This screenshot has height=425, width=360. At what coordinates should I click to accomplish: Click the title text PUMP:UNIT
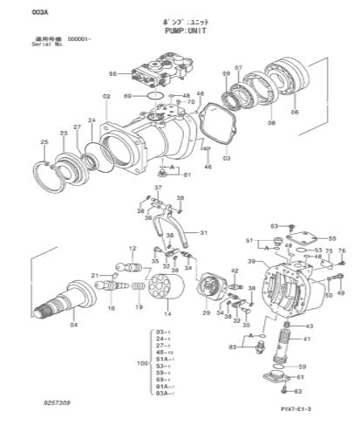[180, 29]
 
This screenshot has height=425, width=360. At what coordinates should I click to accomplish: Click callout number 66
[112, 75]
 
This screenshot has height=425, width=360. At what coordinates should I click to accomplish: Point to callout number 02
[105, 95]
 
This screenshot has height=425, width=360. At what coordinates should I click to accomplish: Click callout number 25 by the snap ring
[44, 141]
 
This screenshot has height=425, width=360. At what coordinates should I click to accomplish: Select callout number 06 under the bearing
[294, 113]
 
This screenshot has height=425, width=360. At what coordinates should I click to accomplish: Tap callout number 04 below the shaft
[73, 325]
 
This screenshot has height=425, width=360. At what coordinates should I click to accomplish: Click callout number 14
[167, 312]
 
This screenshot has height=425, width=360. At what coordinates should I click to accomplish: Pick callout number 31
[204, 233]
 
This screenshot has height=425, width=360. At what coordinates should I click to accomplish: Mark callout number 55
[332, 238]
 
